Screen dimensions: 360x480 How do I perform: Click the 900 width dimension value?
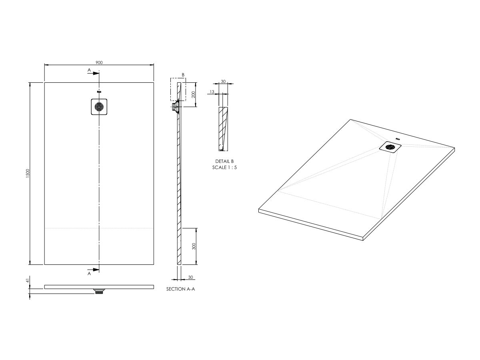[x=99, y=62]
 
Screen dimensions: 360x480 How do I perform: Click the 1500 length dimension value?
[x=28, y=173]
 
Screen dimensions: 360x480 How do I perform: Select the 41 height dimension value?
[x=28, y=282]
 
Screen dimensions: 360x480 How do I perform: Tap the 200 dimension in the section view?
[x=193, y=95]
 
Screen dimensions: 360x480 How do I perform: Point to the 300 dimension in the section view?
[x=193, y=246]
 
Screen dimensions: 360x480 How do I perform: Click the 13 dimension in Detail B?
[x=211, y=92]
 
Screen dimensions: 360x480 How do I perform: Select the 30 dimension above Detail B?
[x=223, y=82]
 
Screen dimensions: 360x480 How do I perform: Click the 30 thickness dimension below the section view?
[x=190, y=277]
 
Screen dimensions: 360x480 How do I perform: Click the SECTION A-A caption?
[x=180, y=288]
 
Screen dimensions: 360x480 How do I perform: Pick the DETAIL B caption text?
[x=224, y=161]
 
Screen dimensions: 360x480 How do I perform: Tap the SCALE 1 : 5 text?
[x=224, y=168]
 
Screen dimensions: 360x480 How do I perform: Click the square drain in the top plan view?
[x=99, y=107]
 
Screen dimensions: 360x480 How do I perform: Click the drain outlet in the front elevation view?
[x=99, y=291]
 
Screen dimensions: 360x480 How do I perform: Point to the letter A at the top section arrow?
[x=89, y=70]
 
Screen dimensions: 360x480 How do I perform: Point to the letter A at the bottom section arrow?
[x=89, y=274]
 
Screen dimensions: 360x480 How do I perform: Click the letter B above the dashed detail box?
[x=183, y=75]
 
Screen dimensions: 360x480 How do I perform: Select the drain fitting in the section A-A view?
[x=175, y=107]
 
